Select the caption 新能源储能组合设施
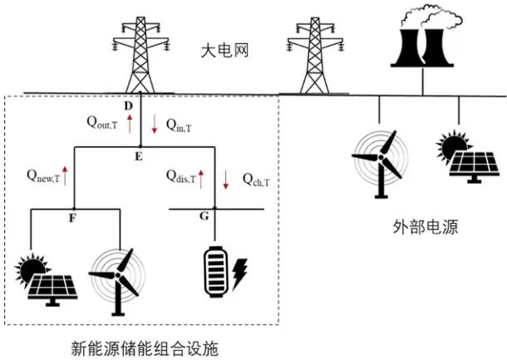pyautogui.click(x=145, y=345)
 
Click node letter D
pyautogui.click(x=128, y=106)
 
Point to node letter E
pyautogui.click(x=139, y=155)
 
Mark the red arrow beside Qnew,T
pyautogui.click(x=64, y=175)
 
